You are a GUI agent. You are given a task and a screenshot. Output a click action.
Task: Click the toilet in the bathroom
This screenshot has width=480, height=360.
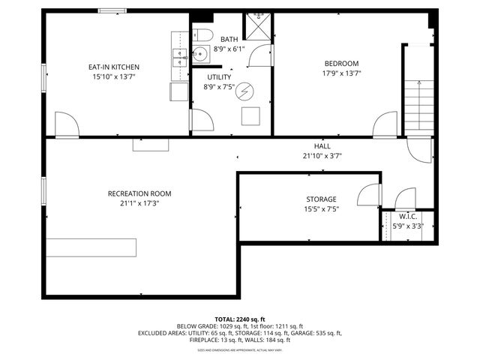click(202, 34)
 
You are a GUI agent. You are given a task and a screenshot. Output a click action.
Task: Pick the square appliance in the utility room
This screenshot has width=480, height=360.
click(250, 116)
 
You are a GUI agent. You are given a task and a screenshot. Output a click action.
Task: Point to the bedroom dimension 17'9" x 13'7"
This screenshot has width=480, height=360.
click(341, 73)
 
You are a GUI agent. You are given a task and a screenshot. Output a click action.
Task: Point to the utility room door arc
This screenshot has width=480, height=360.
click(202, 120)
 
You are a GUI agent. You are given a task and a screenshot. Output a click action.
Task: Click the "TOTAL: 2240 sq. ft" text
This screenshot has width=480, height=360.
click(239, 319)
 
